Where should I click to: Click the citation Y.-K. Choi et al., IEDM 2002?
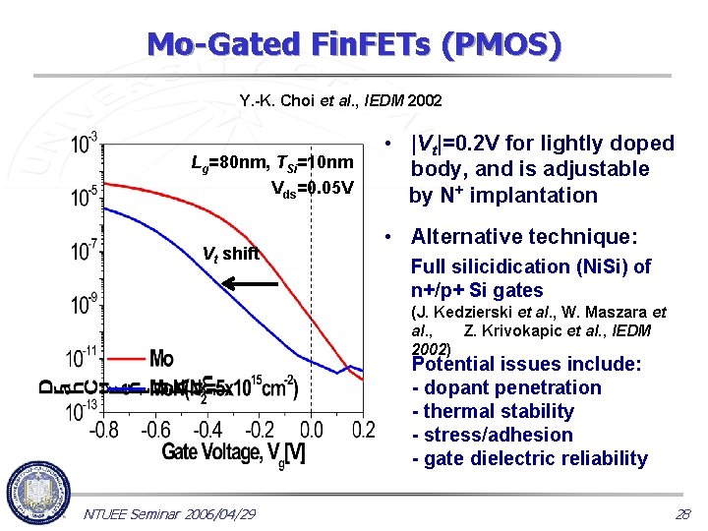coord(340,100)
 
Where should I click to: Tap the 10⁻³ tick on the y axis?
coord(84,144)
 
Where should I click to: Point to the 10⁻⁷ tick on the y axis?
coord(84,251)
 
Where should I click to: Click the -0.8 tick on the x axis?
coord(103,430)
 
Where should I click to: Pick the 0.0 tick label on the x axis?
coord(311,430)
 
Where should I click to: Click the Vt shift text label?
coord(230,254)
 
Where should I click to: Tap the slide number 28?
coord(682,514)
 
